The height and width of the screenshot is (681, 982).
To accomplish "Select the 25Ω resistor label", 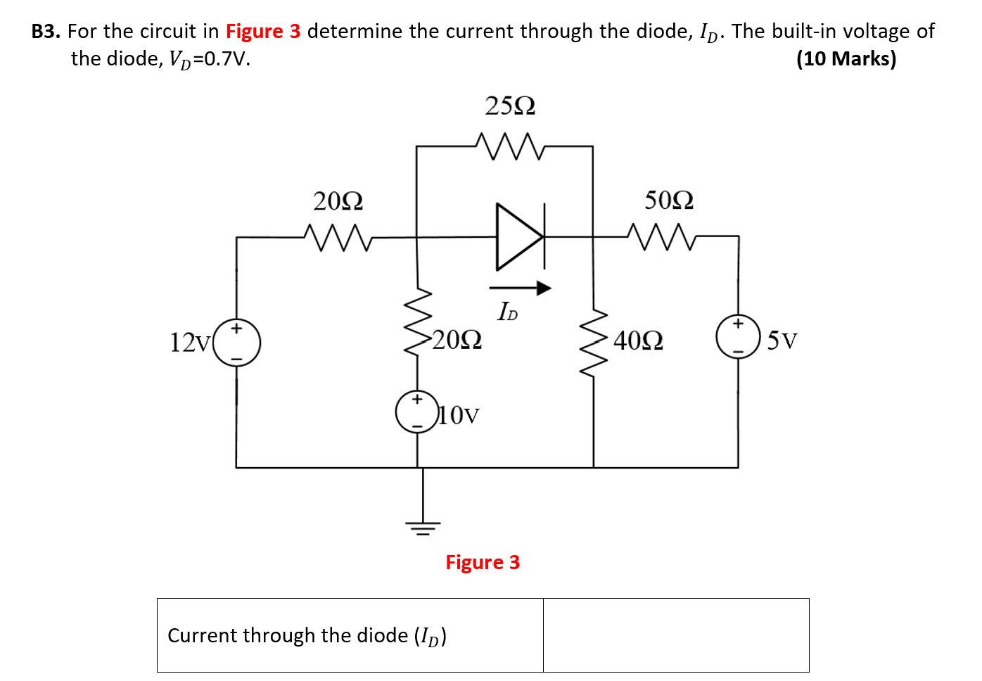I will [x=510, y=106].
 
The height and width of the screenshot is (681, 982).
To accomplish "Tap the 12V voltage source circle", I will [x=237, y=343].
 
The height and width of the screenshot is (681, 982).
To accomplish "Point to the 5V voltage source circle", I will [x=737, y=337].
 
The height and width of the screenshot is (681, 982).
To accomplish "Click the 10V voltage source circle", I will [x=417, y=412].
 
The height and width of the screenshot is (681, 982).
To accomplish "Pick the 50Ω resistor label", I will [x=669, y=201].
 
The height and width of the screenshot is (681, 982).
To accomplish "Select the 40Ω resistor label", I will [x=638, y=341].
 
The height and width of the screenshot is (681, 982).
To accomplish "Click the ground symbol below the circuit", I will [x=423, y=526].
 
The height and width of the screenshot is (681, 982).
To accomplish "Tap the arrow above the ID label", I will [x=520, y=287].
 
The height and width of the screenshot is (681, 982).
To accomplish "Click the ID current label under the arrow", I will [x=507, y=312].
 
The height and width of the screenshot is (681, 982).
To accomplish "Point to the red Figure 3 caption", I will [x=483, y=563].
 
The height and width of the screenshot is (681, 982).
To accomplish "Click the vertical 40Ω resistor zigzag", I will [x=594, y=342].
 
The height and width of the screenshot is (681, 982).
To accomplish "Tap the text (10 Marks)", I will [x=846, y=58].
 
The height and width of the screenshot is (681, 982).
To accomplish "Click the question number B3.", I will [x=46, y=32].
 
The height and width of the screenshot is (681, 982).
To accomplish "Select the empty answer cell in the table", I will [x=675, y=635].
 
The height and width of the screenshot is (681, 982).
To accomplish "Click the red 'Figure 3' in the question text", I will [x=263, y=32].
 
